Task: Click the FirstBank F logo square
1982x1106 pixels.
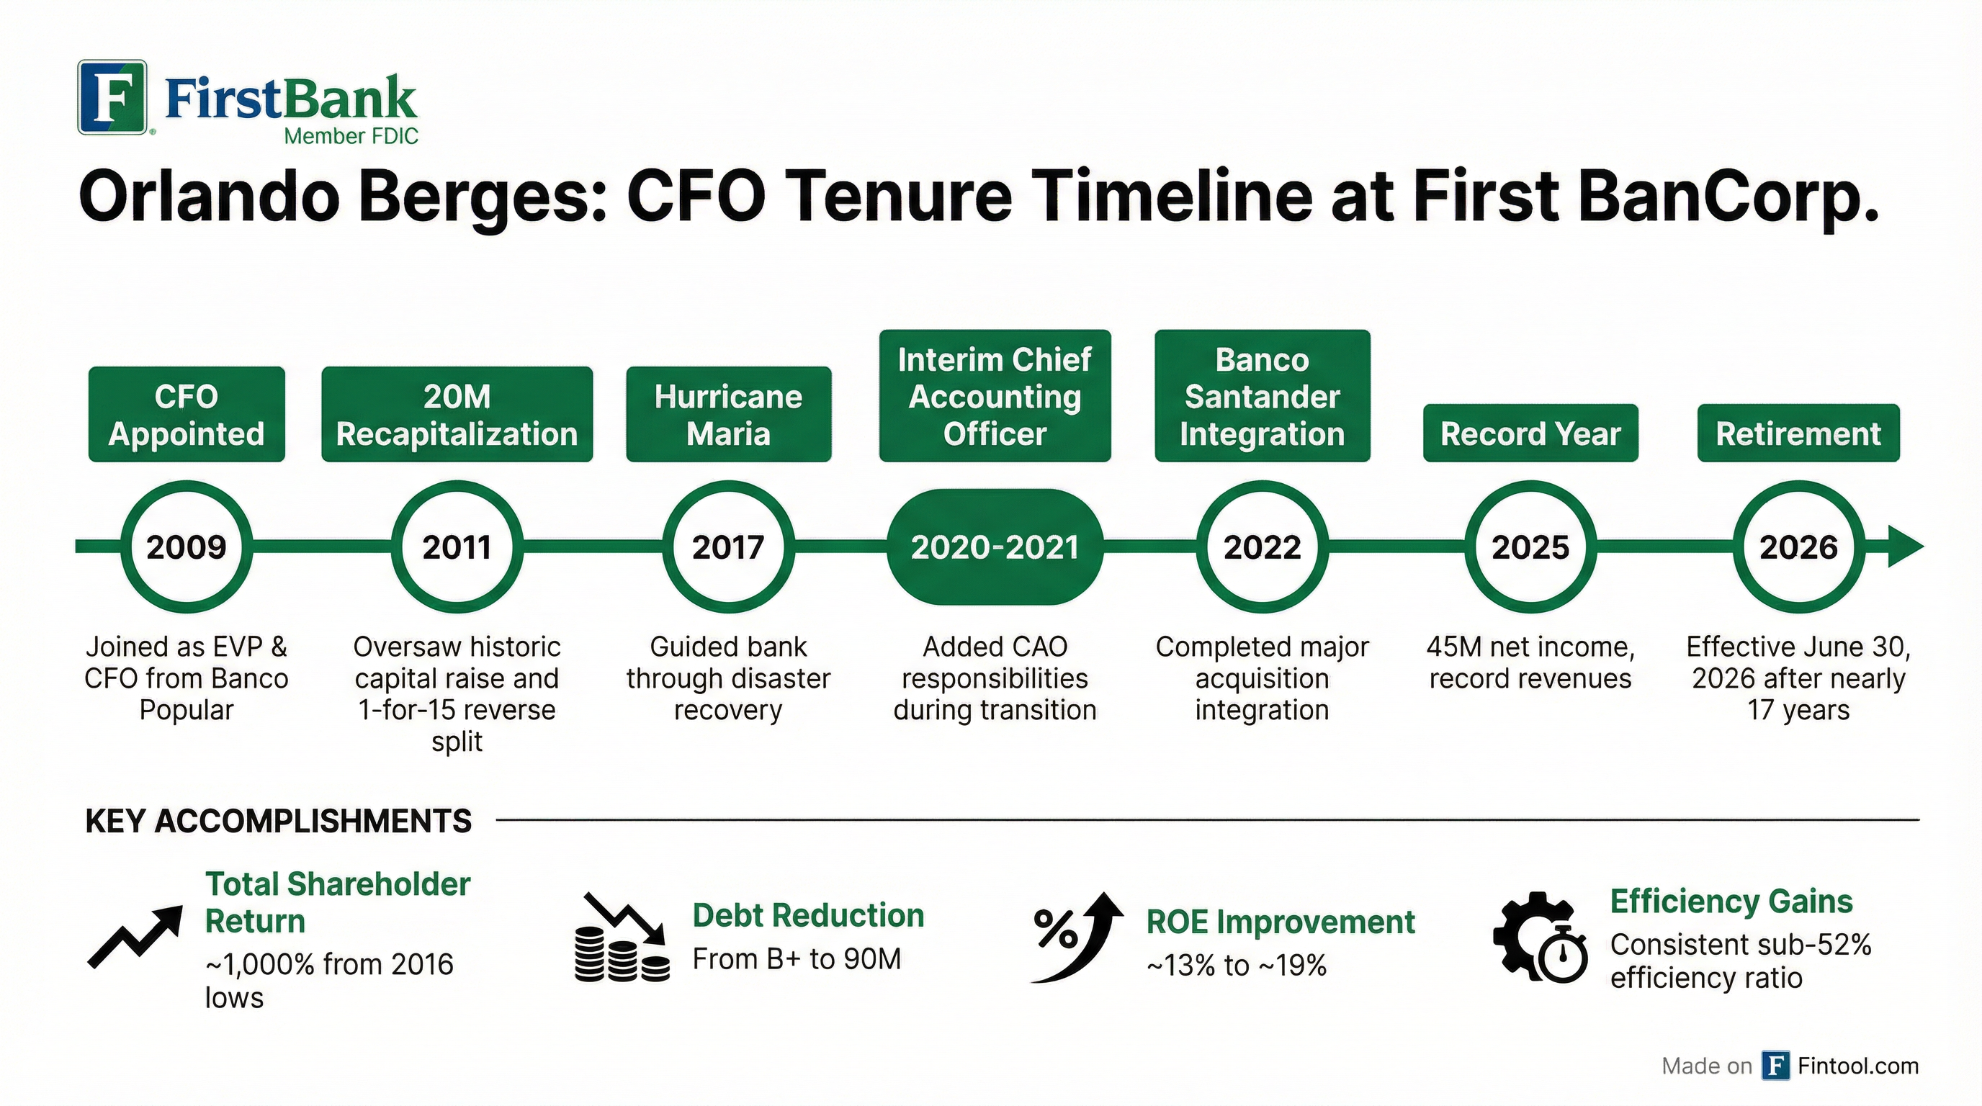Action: (x=112, y=97)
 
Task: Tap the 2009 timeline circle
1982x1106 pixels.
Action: (x=187, y=547)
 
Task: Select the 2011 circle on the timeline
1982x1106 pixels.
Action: (x=457, y=547)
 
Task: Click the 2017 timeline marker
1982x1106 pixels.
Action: (x=728, y=547)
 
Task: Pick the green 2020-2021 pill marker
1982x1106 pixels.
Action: (x=995, y=547)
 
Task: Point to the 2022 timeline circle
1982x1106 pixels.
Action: (x=1263, y=547)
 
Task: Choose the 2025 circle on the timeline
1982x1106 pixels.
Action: (x=1530, y=547)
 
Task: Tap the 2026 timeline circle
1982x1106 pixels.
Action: (x=1798, y=547)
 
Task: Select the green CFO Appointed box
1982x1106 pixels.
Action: (x=187, y=415)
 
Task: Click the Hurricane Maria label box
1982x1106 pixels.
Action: (x=728, y=415)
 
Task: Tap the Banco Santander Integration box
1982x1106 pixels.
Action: (x=1263, y=396)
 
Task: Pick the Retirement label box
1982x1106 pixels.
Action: (x=1798, y=433)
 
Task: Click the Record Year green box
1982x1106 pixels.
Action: (x=1530, y=433)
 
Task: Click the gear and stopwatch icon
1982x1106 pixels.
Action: (x=1540, y=938)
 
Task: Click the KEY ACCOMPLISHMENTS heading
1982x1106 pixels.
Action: (x=278, y=822)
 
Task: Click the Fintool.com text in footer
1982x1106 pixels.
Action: (x=1857, y=1066)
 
